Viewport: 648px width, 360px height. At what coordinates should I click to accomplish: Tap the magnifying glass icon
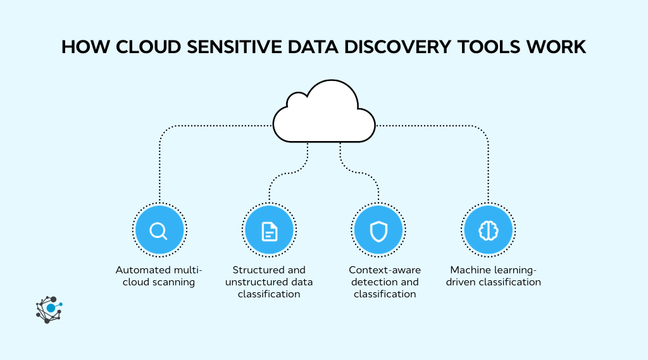point(159,230)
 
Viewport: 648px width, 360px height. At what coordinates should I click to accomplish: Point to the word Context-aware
point(385,270)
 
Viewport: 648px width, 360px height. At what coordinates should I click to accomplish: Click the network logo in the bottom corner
point(49,309)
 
